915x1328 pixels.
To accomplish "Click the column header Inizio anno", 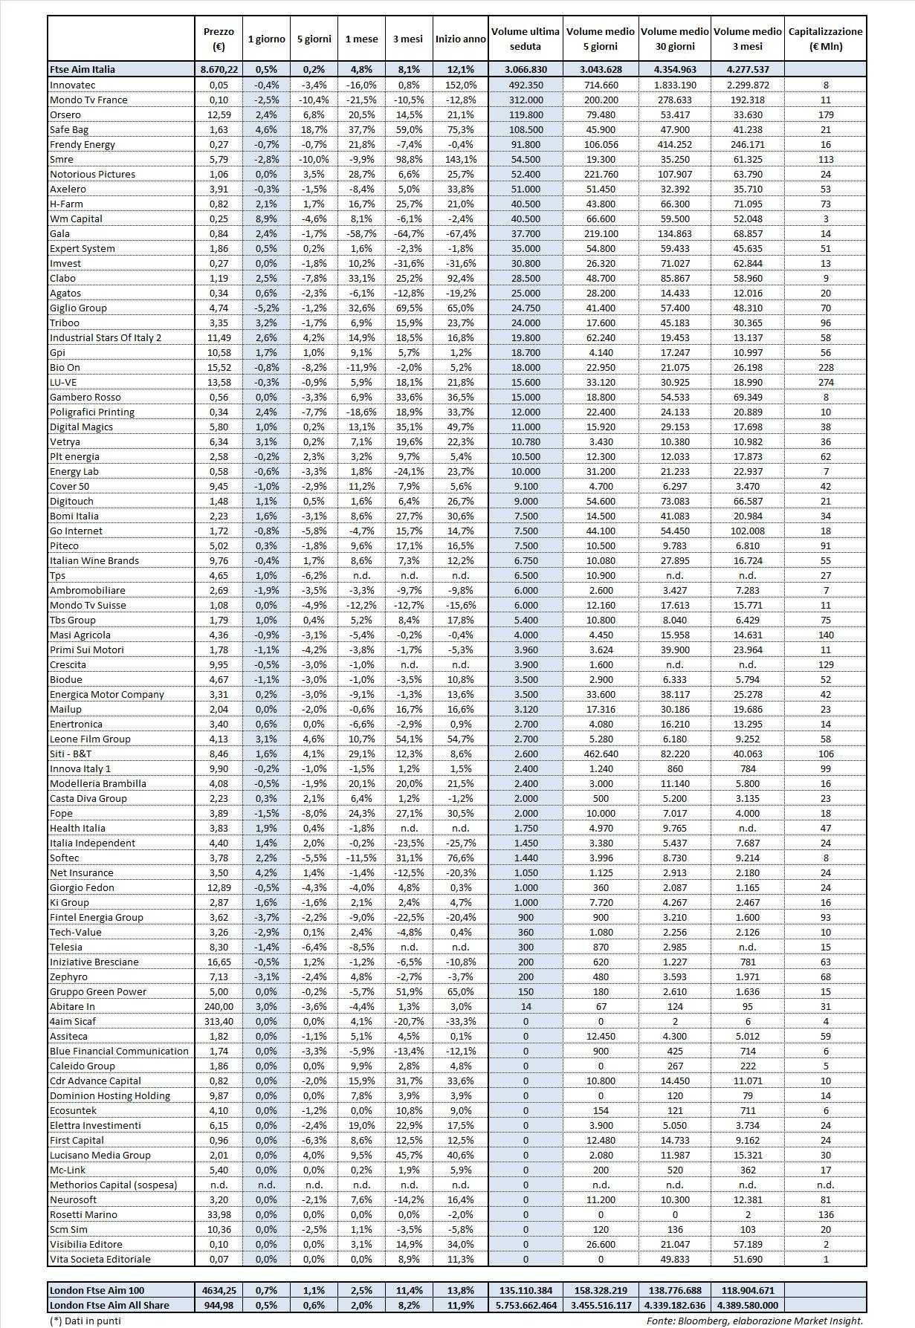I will coord(461,39).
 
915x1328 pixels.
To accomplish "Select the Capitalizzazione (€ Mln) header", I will coord(825,39).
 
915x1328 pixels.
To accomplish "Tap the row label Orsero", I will coord(65,114).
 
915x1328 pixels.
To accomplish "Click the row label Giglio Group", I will coord(78,308).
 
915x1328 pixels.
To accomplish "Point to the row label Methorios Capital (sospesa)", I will coord(113,1185).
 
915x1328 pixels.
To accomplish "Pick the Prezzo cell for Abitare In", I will coord(219,1006).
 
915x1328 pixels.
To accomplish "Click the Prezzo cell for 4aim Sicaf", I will coord(219,1021).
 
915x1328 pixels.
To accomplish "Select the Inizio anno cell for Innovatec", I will coord(461,85).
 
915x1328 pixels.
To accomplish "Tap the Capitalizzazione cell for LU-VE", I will coord(825,382).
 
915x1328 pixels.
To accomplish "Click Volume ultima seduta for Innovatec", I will coord(526,85).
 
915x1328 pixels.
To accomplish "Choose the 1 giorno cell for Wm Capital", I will coord(266,218).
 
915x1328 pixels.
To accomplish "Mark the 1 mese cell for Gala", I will coord(361,233).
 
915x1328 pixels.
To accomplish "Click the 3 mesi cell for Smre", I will coord(407,159).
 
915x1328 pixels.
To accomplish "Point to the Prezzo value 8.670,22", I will coord(219,69).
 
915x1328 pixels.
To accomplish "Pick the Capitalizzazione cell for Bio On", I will coord(825,367).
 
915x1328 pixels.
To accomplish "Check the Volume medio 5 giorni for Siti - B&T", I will coord(600,754).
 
